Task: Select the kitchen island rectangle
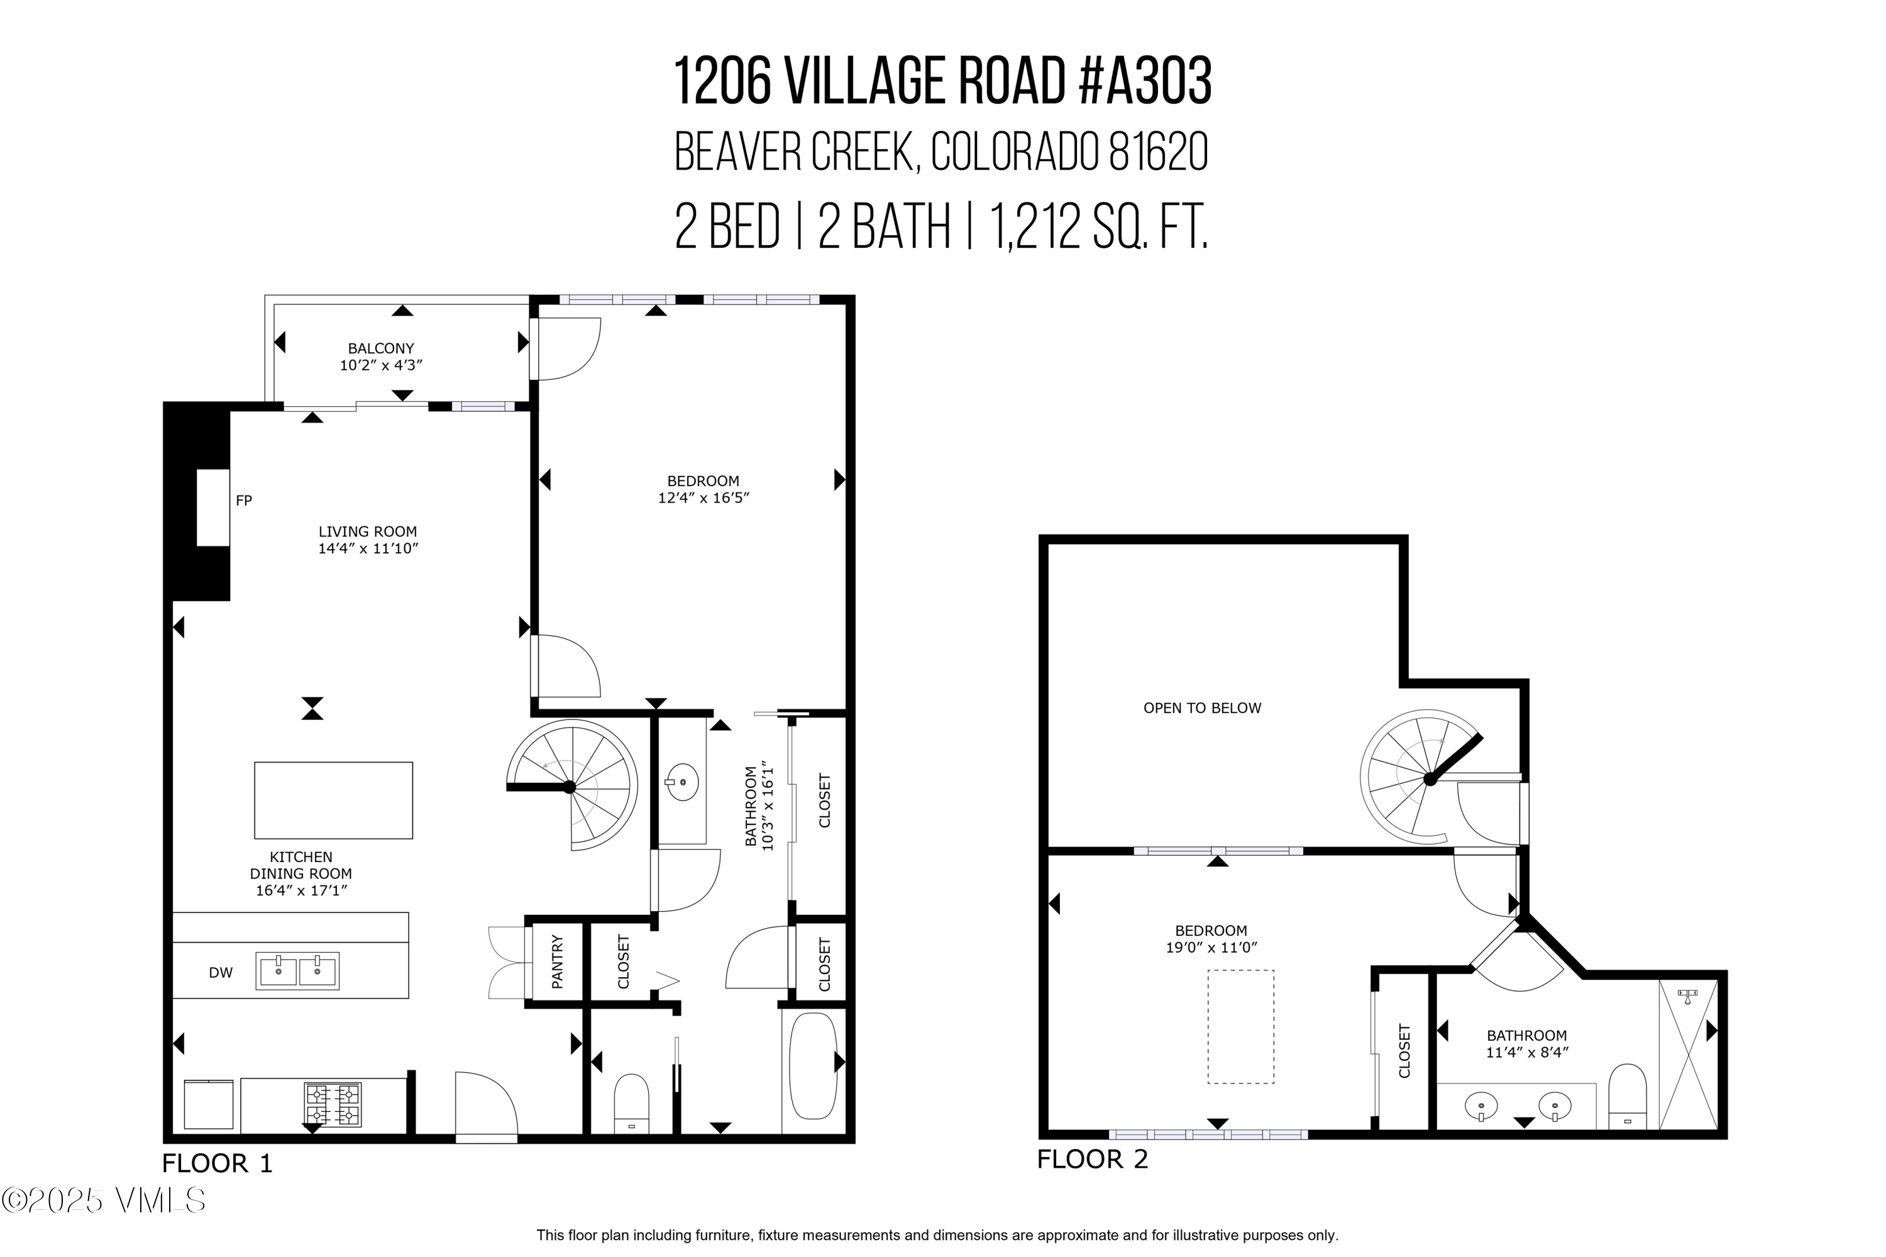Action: click(333, 800)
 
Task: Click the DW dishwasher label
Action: click(221, 972)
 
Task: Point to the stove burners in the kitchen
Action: click(332, 1104)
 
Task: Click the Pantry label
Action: click(557, 961)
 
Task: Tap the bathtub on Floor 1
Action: click(812, 1065)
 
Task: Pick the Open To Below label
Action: click(1201, 708)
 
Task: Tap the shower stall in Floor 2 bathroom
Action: click(1687, 1053)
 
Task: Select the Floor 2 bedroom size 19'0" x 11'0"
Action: click(1210, 948)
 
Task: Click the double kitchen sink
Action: click(297, 971)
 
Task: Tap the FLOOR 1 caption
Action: click(218, 1163)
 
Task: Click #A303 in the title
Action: click(1145, 82)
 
